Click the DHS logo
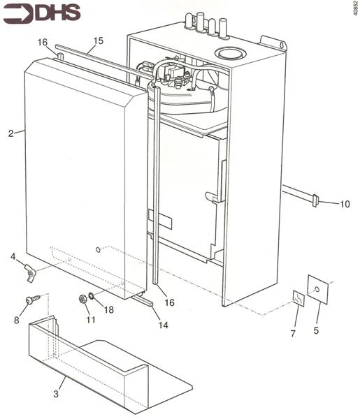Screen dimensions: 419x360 pyautogui.click(x=41, y=13)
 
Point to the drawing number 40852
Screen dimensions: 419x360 pyautogui.click(x=353, y=13)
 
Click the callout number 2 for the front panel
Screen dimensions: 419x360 pyautogui.click(x=11, y=133)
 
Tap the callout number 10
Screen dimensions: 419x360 pyautogui.click(x=345, y=204)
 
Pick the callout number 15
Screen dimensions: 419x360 pyautogui.click(x=98, y=41)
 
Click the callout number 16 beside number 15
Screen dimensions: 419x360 pyautogui.click(x=43, y=43)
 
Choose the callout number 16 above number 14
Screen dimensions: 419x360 pyautogui.click(x=169, y=302)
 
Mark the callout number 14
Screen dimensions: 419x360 pyautogui.click(x=163, y=325)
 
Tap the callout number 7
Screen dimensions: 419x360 pyautogui.click(x=293, y=334)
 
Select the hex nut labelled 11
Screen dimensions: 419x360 pyautogui.click(x=83, y=300)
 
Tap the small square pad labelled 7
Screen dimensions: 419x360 pyautogui.click(x=298, y=300)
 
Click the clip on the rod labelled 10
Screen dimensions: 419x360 pyautogui.click(x=315, y=201)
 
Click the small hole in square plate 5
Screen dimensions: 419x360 pyautogui.click(x=318, y=288)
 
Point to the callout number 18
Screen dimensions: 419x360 pyautogui.click(x=109, y=309)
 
